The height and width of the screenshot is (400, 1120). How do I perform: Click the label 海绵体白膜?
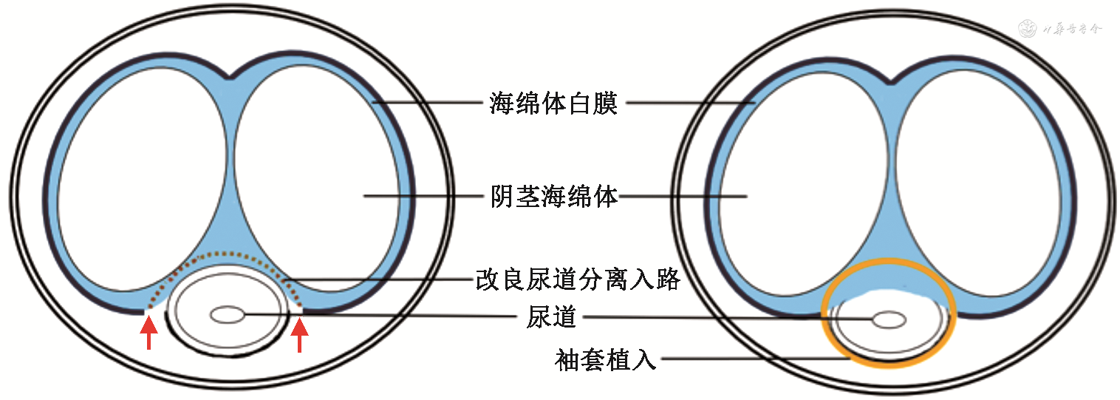[x=553, y=104]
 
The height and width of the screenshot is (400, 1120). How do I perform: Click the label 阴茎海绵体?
[x=554, y=197]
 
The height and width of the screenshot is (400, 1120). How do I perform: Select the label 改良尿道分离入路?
[x=577, y=281]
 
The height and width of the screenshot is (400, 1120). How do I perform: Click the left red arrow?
[x=149, y=333]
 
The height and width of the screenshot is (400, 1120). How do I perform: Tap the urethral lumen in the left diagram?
[x=228, y=316]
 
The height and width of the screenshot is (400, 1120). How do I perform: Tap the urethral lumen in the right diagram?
[x=889, y=319]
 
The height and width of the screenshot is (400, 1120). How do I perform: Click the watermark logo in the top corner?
[x=1027, y=29]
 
